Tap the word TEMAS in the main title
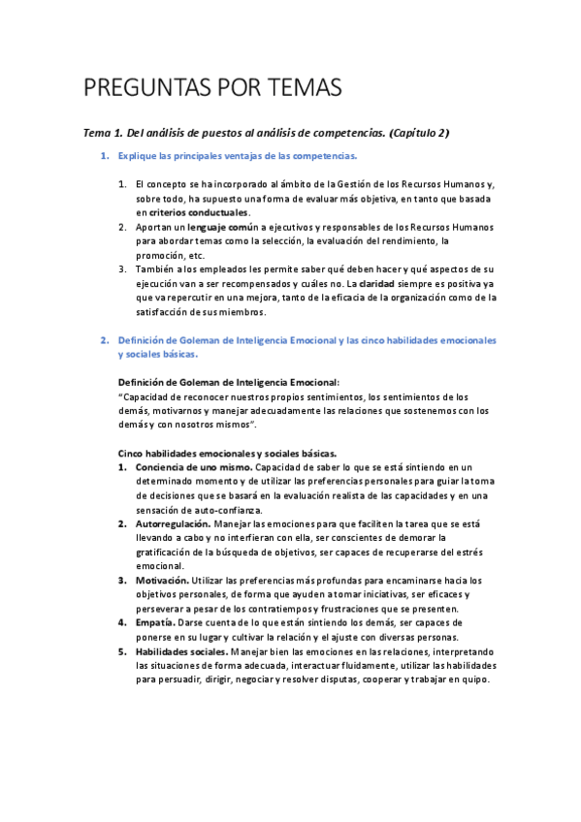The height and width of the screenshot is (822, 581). pyautogui.click(x=304, y=88)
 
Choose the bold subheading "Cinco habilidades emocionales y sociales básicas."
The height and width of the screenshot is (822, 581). pyautogui.click(x=227, y=453)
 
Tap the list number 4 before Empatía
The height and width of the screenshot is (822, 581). pyautogui.click(x=122, y=622)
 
